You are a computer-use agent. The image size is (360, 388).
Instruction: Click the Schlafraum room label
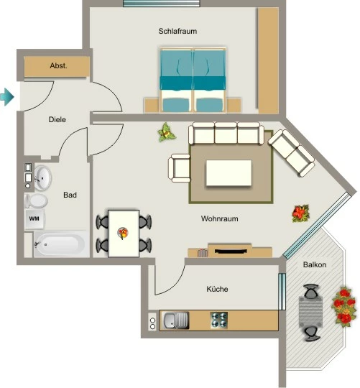coord(177,31)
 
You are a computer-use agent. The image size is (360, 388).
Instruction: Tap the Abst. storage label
coord(58,66)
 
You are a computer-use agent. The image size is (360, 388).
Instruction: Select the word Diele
coord(57,119)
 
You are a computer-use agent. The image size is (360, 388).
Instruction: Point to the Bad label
coord(70,195)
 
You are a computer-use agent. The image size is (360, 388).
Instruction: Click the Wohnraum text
coord(219,218)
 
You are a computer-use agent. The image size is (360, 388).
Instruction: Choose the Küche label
coord(217,289)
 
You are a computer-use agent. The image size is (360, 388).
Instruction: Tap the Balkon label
coord(315,264)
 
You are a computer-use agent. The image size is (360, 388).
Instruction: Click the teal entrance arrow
coord(6,97)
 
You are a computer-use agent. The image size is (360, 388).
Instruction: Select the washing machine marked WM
coord(34,219)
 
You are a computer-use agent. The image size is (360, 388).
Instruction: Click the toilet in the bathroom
coord(36,200)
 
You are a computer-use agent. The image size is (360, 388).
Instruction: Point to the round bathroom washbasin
coord(42,178)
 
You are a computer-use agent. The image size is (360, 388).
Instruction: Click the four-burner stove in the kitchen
coord(219,320)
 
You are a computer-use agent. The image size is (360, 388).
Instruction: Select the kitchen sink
coord(175,320)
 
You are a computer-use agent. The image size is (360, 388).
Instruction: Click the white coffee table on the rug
coord(229,173)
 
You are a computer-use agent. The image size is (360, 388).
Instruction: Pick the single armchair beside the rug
coord(180,168)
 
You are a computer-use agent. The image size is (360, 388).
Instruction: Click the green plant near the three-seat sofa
coord(167,133)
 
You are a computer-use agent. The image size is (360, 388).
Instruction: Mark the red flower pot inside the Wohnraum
coord(300,213)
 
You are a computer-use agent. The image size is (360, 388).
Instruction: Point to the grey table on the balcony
coord(310,313)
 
